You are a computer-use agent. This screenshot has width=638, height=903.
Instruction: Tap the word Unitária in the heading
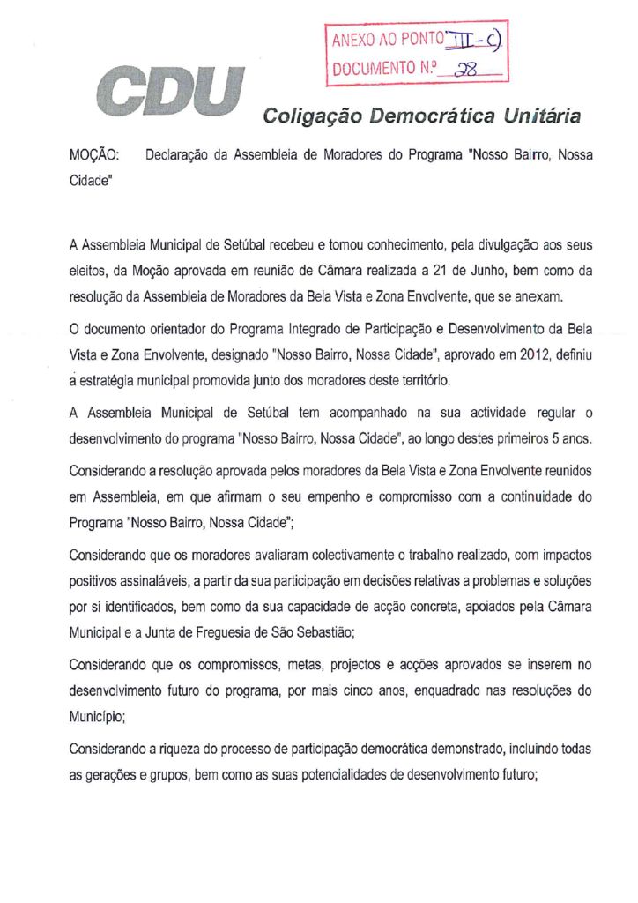point(541,116)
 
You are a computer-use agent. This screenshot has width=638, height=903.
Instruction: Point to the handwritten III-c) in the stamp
point(478,39)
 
